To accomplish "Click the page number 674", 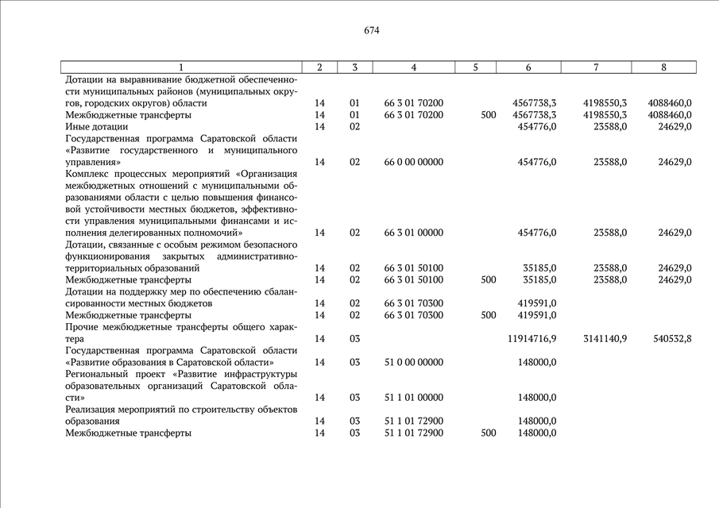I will (x=371, y=31).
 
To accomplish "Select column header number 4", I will (x=413, y=67).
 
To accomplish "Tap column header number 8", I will (x=663, y=67).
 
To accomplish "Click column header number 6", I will (x=528, y=67).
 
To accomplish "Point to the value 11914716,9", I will (x=532, y=339).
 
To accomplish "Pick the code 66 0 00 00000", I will (x=413, y=162).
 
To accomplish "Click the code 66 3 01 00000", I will (x=413, y=233).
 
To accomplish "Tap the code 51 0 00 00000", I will (x=413, y=362).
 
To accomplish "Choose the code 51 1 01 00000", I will (x=413, y=398).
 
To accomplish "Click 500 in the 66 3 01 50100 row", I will (x=489, y=279).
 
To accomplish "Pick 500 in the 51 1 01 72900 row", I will (x=489, y=433).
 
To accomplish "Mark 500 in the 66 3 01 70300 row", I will (x=489, y=315).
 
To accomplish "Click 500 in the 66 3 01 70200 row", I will (x=489, y=115).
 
